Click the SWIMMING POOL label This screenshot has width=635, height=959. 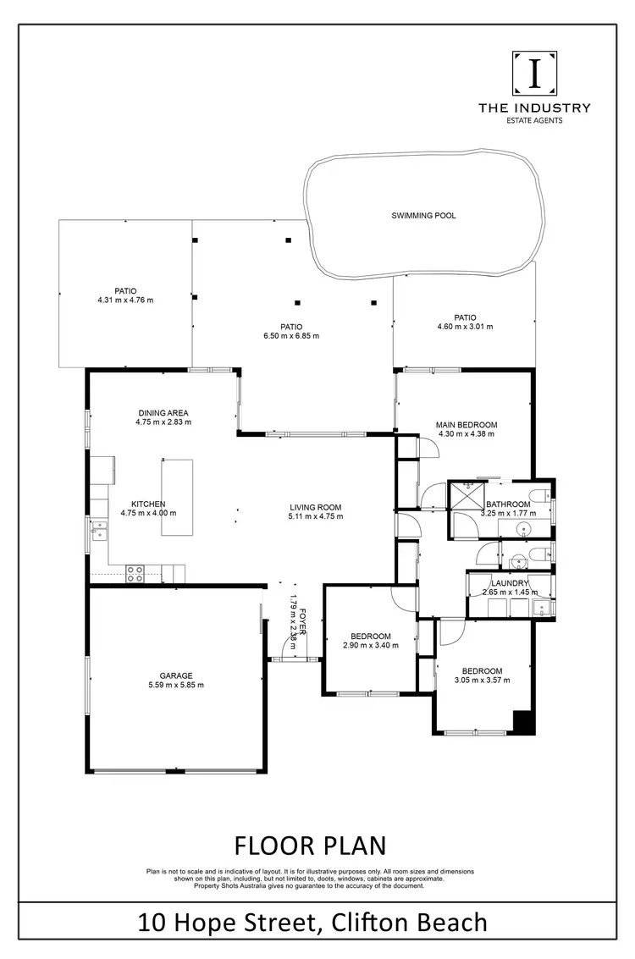tap(423, 216)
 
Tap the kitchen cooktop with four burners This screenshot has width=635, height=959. tap(135, 573)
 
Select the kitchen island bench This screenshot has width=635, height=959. tap(177, 497)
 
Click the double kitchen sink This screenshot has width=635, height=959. tap(100, 531)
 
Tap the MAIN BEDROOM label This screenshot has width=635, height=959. tap(466, 425)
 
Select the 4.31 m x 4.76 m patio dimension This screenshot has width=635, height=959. tap(125, 300)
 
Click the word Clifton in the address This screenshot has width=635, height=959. tap(371, 922)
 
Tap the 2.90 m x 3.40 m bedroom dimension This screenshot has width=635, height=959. tap(371, 645)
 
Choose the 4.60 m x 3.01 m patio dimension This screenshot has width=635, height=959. tap(464, 326)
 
